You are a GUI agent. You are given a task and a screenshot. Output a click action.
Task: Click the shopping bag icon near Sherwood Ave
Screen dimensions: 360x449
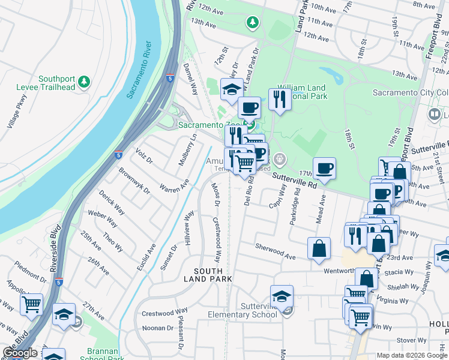[x=319, y=248]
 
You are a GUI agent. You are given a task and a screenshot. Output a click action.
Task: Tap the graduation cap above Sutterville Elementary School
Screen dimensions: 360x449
[x=282, y=296]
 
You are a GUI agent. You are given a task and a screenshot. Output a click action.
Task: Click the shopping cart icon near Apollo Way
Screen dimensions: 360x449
[x=31, y=304]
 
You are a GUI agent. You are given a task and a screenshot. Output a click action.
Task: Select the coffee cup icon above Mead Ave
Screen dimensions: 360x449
[x=324, y=169]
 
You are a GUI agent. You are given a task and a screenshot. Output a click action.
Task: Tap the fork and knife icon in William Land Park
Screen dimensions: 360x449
[x=280, y=99]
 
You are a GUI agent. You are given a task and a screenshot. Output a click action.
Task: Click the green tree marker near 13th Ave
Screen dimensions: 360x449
[x=253, y=23]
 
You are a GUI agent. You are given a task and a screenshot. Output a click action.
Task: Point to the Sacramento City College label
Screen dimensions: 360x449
[x=410, y=92]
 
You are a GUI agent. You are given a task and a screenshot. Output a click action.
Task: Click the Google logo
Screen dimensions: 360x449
[x=20, y=353]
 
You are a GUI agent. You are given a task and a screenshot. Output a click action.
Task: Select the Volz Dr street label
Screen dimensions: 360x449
[x=145, y=156]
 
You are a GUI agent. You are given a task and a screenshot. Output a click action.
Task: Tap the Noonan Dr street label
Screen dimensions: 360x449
[x=157, y=328]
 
